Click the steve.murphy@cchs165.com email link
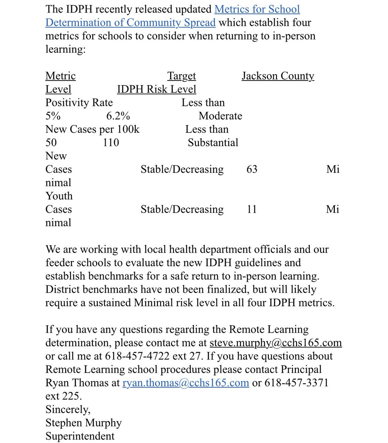(x=276, y=343)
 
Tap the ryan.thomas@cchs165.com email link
(x=186, y=382)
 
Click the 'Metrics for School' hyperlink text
(x=257, y=9)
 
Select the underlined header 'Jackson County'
(x=278, y=76)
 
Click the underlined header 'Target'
(x=181, y=76)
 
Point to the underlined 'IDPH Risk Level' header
(x=156, y=89)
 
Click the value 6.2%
(x=118, y=116)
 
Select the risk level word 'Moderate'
(x=220, y=116)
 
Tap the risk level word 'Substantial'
(x=213, y=142)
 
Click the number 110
(x=111, y=142)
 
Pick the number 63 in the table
(x=252, y=169)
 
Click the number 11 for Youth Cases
(x=252, y=209)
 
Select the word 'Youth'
(x=59, y=196)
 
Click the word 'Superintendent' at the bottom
(x=80, y=436)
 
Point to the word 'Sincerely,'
(x=68, y=409)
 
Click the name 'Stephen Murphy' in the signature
(x=83, y=422)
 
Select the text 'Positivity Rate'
(x=79, y=103)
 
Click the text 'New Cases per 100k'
(x=92, y=129)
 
